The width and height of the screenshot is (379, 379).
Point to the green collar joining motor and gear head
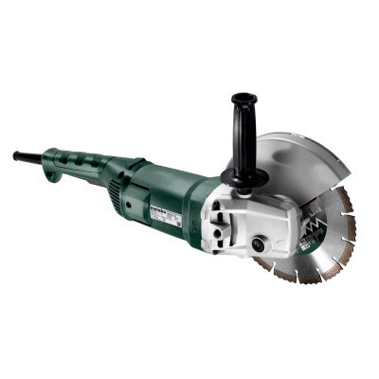pos(202,213)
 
